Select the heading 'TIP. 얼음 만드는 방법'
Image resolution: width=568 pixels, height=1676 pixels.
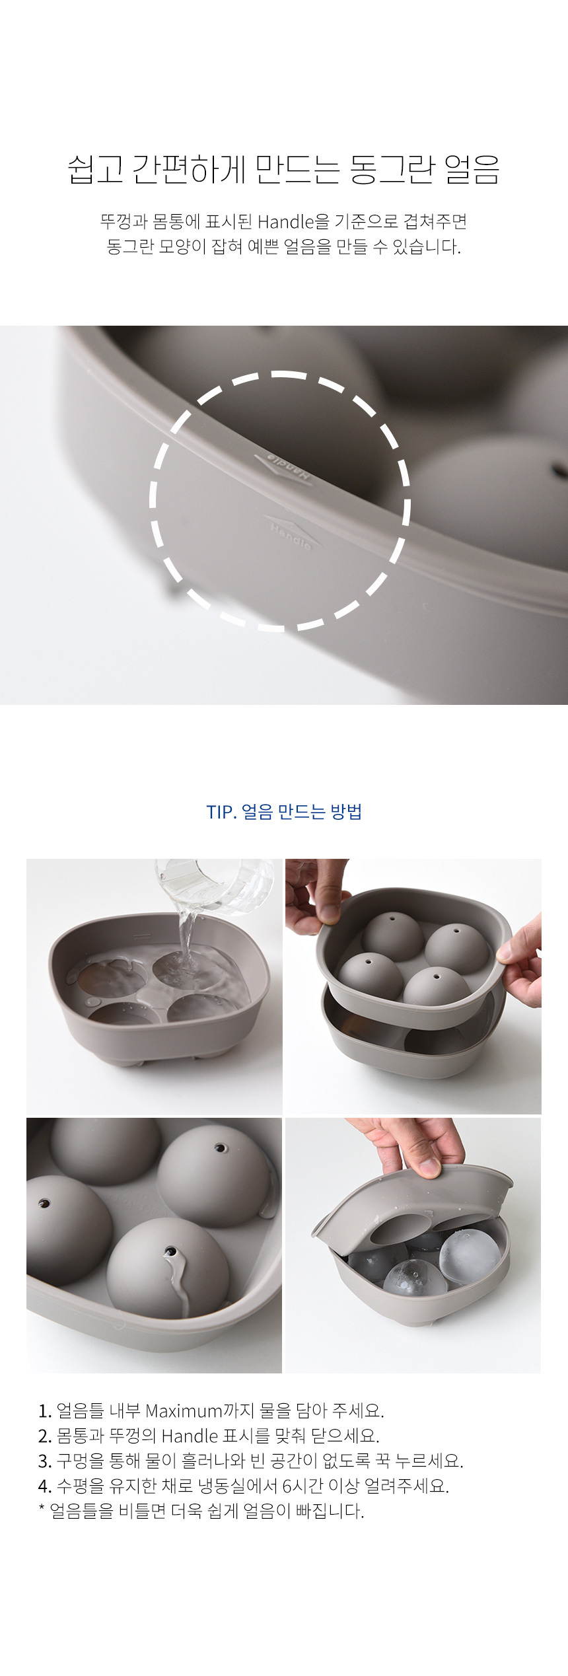(284, 811)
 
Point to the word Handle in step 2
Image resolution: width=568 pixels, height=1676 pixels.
(190, 1436)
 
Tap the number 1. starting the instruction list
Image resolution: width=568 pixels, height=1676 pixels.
(45, 1411)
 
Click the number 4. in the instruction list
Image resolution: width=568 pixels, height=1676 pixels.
(45, 1486)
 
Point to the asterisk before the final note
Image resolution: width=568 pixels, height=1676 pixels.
(42, 1508)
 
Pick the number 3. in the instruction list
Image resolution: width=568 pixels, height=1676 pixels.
(45, 1461)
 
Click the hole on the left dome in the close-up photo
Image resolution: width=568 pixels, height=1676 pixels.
(44, 1203)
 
